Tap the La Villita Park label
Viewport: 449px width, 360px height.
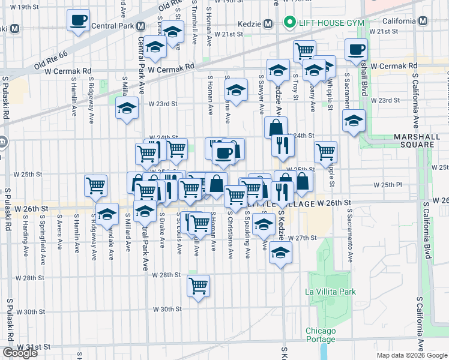pyautogui.click(x=330, y=292)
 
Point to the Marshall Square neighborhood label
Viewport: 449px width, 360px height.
pyautogui.click(x=414, y=140)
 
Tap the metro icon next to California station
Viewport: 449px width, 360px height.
pyautogui.click(x=423, y=21)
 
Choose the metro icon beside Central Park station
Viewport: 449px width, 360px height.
pyautogui.click(x=140, y=26)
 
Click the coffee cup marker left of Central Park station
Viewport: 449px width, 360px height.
pyautogui.click(x=77, y=21)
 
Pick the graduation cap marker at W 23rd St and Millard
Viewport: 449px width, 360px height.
pyautogui.click(x=127, y=109)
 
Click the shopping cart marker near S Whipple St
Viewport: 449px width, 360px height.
pyautogui.click(x=325, y=151)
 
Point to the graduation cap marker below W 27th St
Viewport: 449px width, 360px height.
pyautogui.click(x=280, y=252)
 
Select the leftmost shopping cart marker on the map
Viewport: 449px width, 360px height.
pyautogui.click(x=96, y=185)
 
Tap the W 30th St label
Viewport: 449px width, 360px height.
pyautogui.click(x=167, y=309)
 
